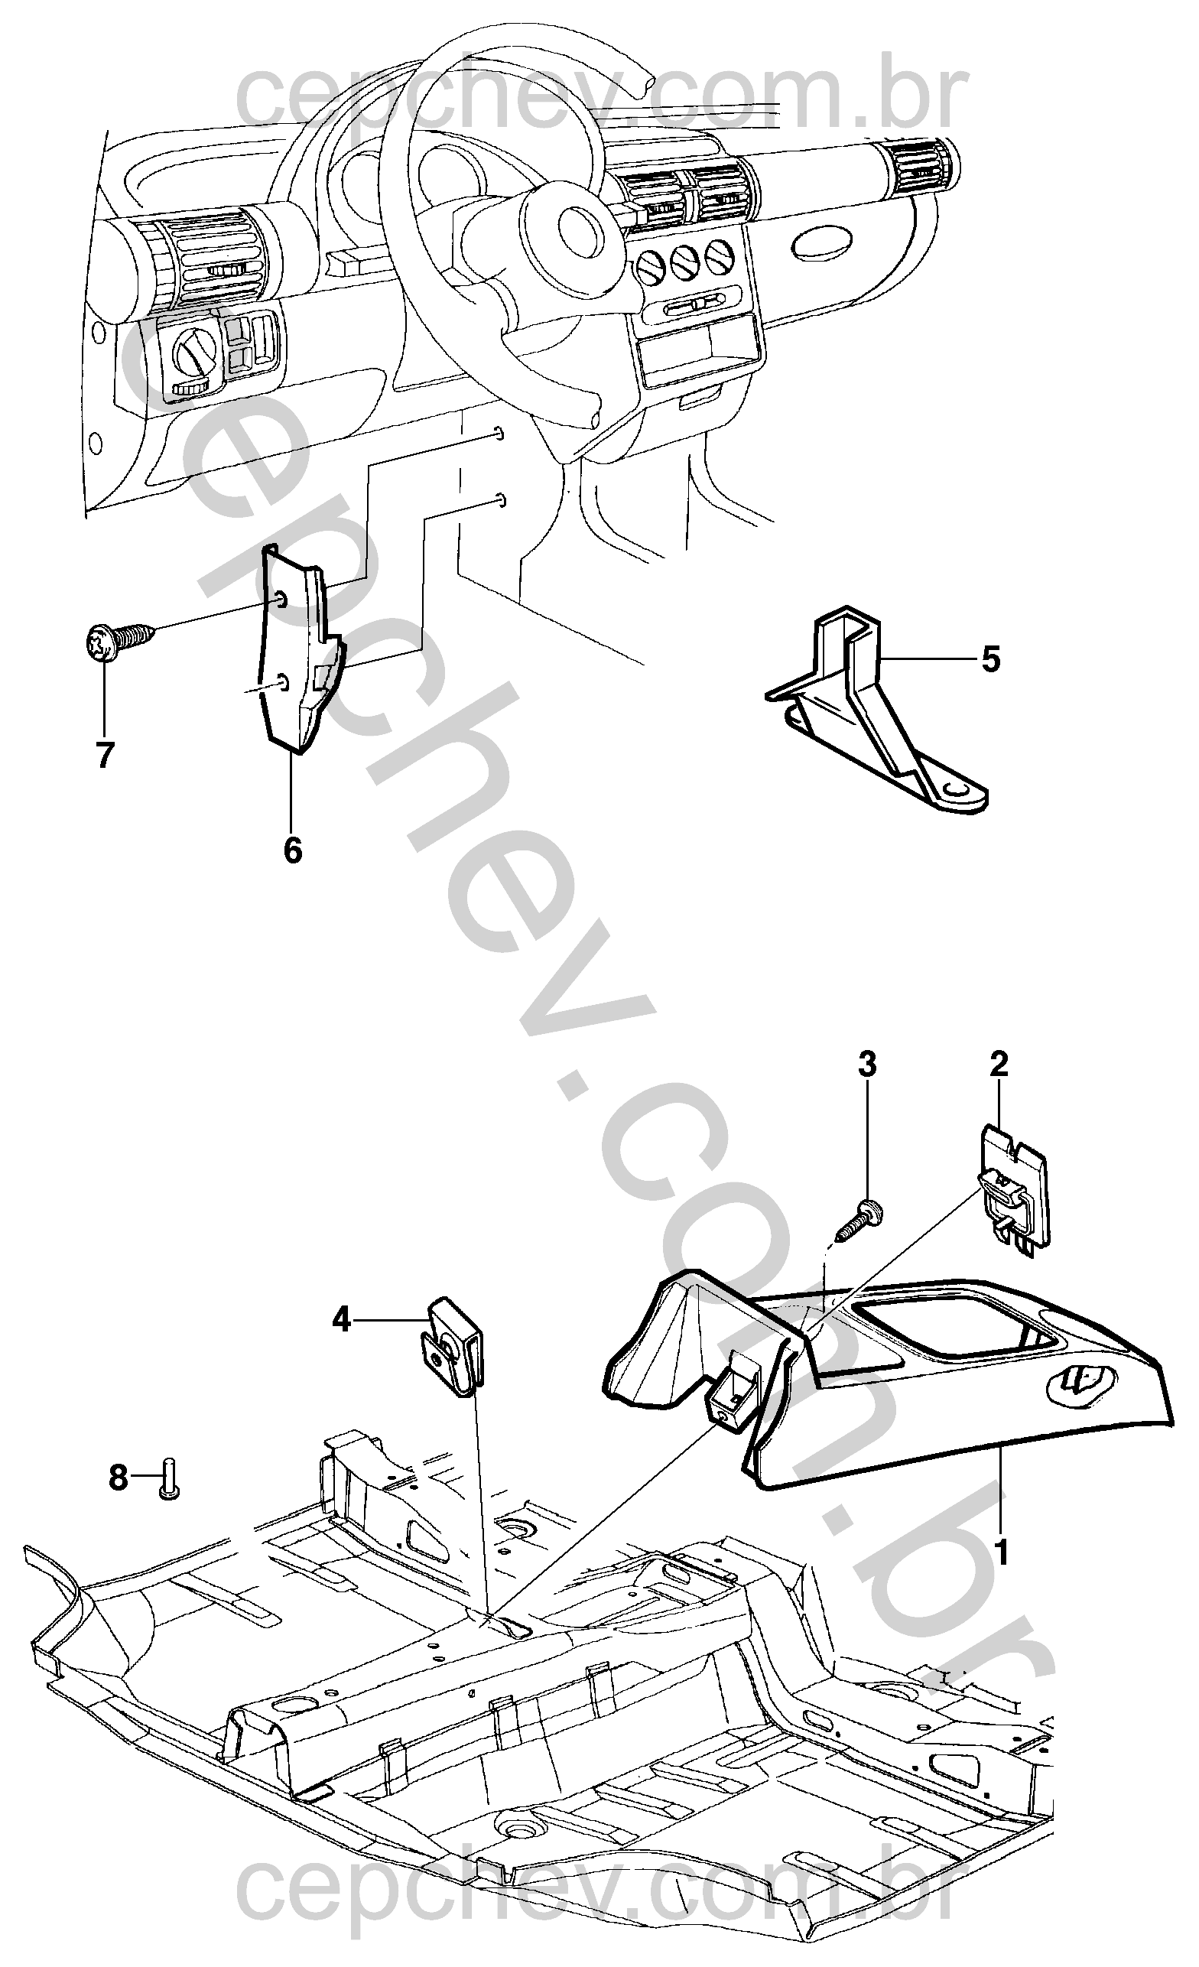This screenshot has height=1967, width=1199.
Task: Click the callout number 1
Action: click(1002, 1552)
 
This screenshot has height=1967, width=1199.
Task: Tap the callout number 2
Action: click(999, 1064)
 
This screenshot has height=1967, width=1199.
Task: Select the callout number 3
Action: click(867, 1064)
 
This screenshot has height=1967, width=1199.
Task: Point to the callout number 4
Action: click(342, 1322)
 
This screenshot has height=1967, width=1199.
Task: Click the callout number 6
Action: click(293, 850)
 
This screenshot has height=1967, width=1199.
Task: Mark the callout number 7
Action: click(105, 754)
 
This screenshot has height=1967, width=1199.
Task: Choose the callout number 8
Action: click(119, 1478)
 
